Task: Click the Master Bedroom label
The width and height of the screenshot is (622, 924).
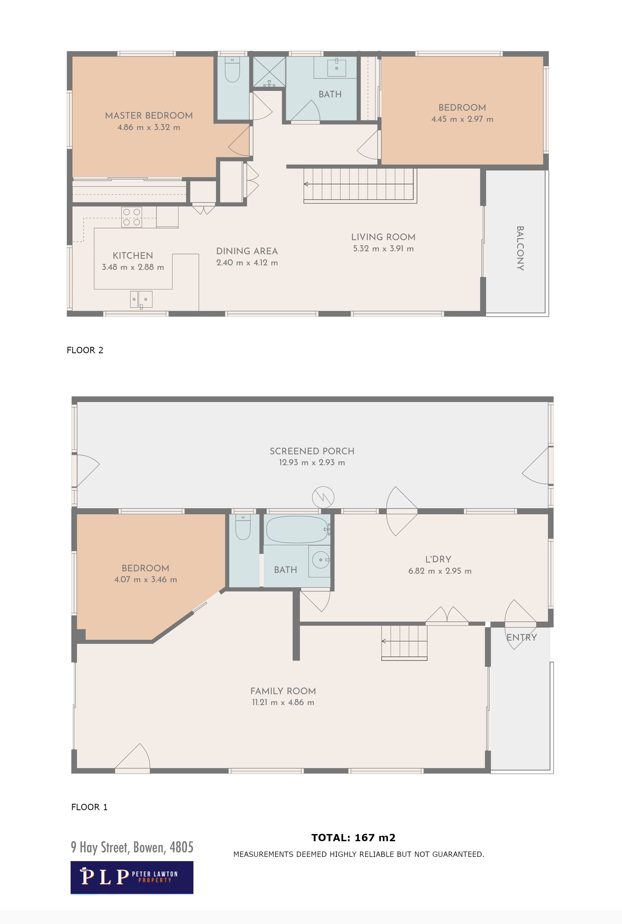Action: (149, 115)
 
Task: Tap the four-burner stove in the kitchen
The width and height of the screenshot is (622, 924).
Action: (132, 217)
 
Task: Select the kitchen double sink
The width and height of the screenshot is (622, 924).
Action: (141, 299)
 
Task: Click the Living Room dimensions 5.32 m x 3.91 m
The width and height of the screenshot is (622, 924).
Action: (383, 249)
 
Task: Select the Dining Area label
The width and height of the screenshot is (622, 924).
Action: (247, 251)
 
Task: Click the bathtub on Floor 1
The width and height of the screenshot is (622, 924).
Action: (297, 529)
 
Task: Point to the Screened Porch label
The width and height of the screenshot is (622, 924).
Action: (312, 451)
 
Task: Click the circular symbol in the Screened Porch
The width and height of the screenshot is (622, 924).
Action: (323, 497)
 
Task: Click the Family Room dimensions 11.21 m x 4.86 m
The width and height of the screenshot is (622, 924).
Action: (283, 702)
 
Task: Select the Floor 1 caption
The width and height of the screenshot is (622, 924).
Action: (89, 807)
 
